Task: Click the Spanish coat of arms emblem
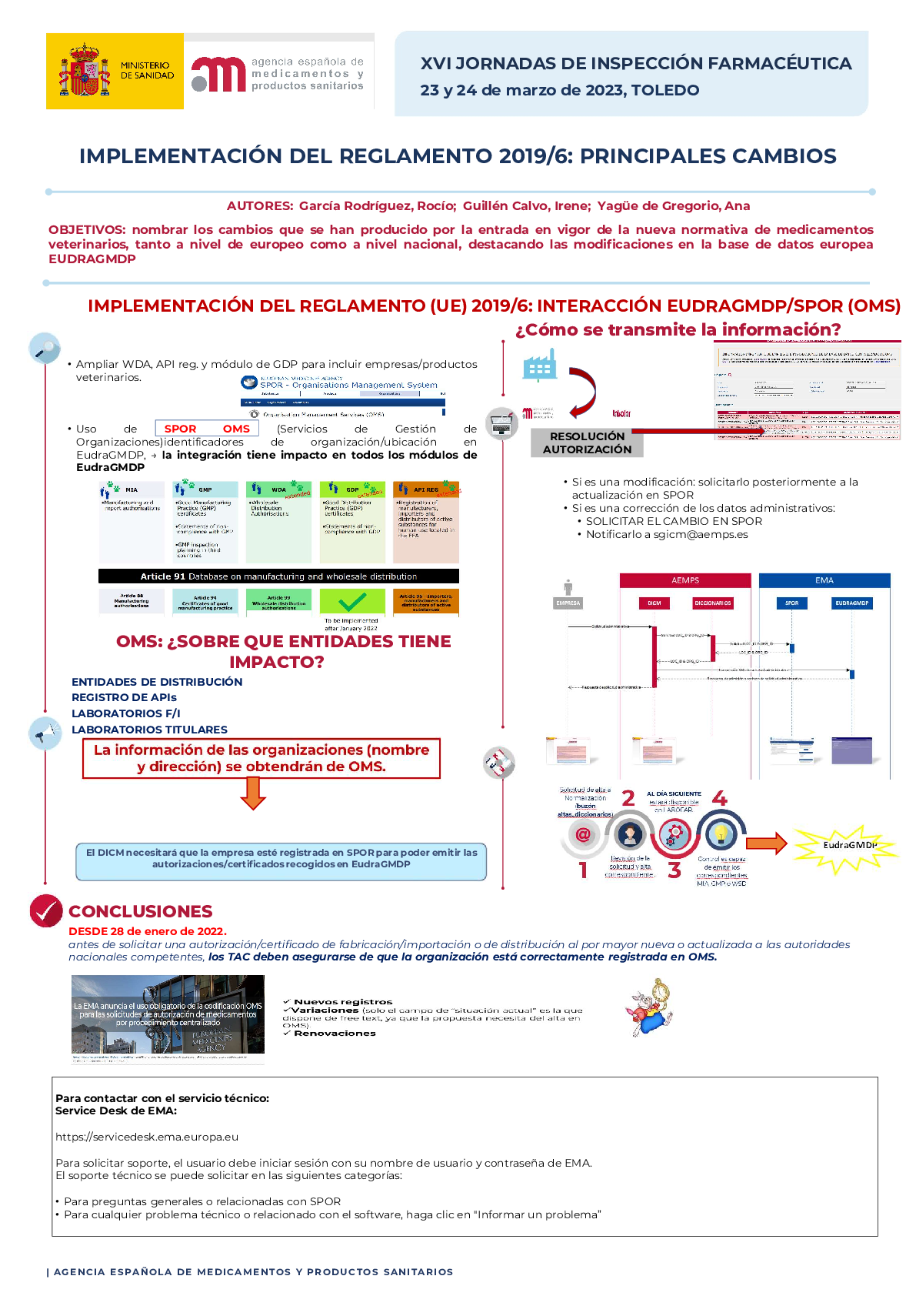pos(84,71)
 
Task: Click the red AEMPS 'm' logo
pos(218,75)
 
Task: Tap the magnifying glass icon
pos(45,349)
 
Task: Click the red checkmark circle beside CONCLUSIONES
pos(46,911)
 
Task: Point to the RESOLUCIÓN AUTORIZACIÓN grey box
pos(587,443)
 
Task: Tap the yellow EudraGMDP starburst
pos(846,846)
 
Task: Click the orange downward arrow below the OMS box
pos(253,793)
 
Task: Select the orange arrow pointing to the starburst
pos(766,843)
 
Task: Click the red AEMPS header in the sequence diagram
pos(685,580)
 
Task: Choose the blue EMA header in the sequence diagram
pos(824,580)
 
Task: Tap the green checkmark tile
pos(352,601)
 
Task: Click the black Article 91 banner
pos(278,576)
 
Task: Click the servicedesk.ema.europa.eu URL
pos(147,1137)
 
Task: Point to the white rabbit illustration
pos(651,1007)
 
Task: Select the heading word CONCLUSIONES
pos(140,911)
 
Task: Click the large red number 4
pos(720,798)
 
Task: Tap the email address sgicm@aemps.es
pos(700,534)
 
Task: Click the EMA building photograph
pos(168,1014)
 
